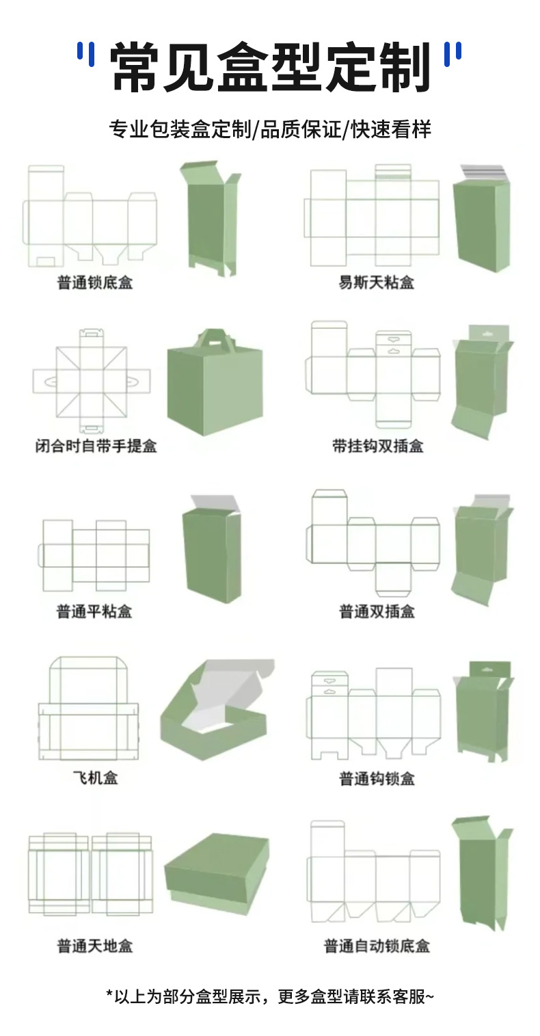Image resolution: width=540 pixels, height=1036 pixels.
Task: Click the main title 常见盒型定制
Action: point(270,66)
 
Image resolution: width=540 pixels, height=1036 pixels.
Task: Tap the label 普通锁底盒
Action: point(95,282)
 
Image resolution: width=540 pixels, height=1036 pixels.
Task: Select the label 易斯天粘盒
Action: point(376,282)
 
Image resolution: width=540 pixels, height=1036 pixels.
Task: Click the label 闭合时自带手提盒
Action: point(96,446)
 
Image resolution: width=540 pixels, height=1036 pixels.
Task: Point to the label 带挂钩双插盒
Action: point(377,446)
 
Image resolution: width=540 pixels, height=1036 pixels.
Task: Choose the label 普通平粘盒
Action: point(94,611)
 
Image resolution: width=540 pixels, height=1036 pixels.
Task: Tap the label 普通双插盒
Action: point(377,611)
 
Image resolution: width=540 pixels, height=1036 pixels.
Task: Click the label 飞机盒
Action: point(95,778)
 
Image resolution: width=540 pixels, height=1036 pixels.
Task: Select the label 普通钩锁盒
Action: point(377,778)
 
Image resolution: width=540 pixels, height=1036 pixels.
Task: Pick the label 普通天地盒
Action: point(94,946)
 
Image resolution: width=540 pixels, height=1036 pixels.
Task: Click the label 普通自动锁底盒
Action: point(377,946)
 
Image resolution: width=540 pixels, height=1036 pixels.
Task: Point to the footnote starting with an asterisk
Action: point(270,996)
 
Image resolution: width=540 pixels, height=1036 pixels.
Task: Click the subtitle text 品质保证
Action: point(300,129)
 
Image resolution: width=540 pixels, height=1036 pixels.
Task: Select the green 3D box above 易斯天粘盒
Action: point(481,220)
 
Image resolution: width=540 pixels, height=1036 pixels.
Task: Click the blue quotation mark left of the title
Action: point(85,54)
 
